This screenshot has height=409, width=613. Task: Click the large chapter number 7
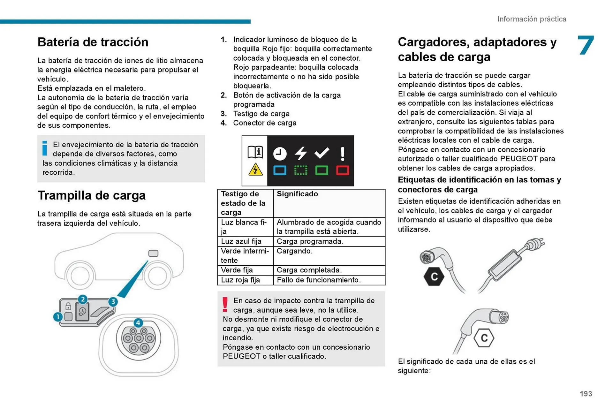click(x=586, y=45)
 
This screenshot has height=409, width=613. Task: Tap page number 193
click(x=586, y=394)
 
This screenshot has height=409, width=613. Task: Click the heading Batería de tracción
click(x=93, y=42)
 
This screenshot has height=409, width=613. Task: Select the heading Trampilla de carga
click(x=91, y=195)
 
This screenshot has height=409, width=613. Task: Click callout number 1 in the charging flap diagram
click(x=58, y=317)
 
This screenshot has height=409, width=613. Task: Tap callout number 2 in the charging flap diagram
click(x=83, y=299)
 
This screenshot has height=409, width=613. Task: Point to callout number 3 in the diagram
click(x=113, y=302)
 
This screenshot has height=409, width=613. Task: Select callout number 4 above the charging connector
click(x=138, y=322)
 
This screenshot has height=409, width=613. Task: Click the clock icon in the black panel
click(x=280, y=154)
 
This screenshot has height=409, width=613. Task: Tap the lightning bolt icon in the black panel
click(x=300, y=153)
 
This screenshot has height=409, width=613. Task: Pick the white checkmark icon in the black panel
click(x=322, y=153)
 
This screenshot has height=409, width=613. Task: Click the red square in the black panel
click(x=343, y=170)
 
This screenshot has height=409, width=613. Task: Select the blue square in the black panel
click(x=280, y=170)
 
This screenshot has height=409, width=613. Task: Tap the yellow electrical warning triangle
click(x=255, y=170)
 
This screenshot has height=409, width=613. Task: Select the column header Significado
click(x=297, y=194)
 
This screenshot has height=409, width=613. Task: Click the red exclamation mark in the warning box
click(x=225, y=304)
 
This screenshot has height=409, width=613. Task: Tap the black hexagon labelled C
click(x=434, y=276)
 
